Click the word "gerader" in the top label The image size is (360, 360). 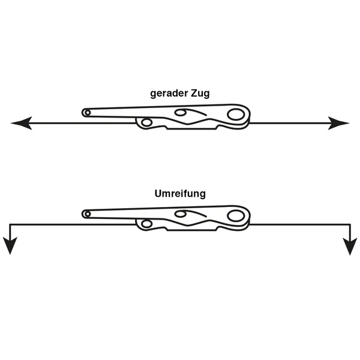(x=169, y=94)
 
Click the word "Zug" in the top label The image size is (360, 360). (x=200, y=94)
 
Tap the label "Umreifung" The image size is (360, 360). (x=180, y=194)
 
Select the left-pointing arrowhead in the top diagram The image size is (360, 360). (x=22, y=123)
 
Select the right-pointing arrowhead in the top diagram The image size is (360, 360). (x=338, y=123)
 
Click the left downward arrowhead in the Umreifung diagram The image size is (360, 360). (x=10, y=246)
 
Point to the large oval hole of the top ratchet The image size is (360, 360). (x=236, y=115)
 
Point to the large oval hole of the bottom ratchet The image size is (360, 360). (x=236, y=216)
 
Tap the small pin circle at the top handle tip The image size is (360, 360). (x=88, y=113)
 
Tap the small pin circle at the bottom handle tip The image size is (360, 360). (x=88, y=214)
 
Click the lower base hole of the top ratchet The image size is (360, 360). (x=146, y=122)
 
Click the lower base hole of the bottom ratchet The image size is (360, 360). (x=146, y=224)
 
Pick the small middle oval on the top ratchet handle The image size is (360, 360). (x=180, y=113)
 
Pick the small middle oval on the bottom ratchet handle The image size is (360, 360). (x=180, y=214)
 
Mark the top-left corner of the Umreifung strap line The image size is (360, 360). (x=10, y=224)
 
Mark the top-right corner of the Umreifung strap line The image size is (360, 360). (x=350, y=224)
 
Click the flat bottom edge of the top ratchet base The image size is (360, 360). (x=191, y=129)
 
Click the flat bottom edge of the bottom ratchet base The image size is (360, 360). (x=191, y=230)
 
